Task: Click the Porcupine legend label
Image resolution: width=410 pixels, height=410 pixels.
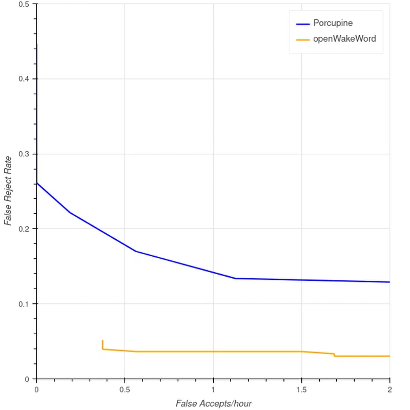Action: tap(333, 23)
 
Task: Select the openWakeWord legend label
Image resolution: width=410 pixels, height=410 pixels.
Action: tap(344, 38)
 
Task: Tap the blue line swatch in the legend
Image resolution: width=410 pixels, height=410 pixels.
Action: tap(303, 24)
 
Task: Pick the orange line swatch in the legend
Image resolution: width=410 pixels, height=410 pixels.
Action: tap(303, 39)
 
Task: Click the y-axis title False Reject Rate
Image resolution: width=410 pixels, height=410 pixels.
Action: tap(8, 191)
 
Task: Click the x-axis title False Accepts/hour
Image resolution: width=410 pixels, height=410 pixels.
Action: tap(213, 403)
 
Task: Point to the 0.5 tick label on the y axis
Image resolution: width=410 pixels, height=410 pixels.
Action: tap(24, 4)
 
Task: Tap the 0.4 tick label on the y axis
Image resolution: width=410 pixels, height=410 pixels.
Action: tap(24, 79)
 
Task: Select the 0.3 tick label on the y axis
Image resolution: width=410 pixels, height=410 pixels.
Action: tap(24, 154)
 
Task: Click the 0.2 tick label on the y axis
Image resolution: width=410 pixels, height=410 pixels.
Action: tap(24, 229)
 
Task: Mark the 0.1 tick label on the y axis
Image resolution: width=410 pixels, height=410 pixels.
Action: tap(24, 304)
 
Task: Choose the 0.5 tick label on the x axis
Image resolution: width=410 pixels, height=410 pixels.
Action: tap(125, 389)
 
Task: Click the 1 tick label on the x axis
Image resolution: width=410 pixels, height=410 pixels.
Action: tap(213, 389)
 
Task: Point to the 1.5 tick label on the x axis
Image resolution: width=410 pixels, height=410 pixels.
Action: tap(301, 389)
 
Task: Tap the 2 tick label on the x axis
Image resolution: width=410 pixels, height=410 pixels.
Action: tap(390, 389)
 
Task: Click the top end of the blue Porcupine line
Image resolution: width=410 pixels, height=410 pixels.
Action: tap(36, 45)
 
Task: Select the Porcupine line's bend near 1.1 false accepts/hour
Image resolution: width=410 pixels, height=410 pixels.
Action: tap(235, 278)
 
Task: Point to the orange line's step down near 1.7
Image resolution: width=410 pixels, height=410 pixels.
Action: tap(334, 355)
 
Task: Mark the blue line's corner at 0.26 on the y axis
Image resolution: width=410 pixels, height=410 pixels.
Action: tap(36, 182)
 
